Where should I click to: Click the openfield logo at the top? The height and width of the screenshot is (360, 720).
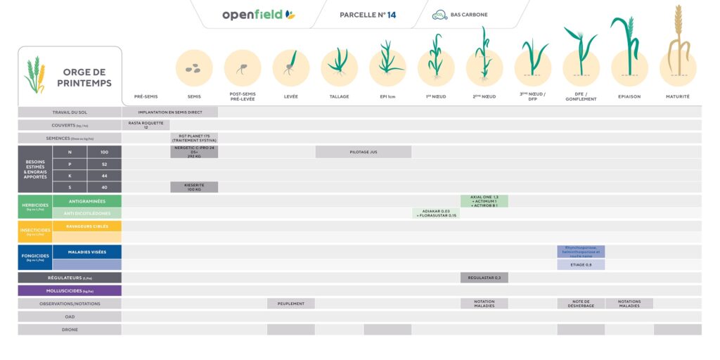coord(258,15)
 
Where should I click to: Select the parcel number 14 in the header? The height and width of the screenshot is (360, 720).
coord(367,15)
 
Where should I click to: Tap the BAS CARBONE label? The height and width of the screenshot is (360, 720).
coord(469,15)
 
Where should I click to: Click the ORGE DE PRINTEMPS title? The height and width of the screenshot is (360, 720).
coord(84,77)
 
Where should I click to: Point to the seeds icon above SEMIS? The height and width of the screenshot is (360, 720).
coord(193,68)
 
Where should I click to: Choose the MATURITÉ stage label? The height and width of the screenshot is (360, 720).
coord(677,96)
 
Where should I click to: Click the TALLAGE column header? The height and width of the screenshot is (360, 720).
coord(339,96)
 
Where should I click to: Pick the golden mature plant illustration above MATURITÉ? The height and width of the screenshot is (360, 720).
coord(678,42)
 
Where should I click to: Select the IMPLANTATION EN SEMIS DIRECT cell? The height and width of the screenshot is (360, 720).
coord(170,112)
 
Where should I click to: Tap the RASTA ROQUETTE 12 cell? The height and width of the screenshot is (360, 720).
coord(146,125)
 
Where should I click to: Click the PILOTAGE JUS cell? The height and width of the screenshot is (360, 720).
coord(364,152)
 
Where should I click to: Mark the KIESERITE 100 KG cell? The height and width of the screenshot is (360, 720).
coord(194,187)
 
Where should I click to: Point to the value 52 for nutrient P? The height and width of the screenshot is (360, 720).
coord(104,164)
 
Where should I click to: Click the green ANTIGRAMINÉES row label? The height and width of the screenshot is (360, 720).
coord(87,201)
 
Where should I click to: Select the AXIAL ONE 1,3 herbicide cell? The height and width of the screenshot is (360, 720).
coord(484,201)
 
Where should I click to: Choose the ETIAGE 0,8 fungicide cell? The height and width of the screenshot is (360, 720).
coord(580,264)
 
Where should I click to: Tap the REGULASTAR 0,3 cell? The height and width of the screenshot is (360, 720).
coord(484,278)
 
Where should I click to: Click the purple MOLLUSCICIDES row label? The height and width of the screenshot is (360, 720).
coord(70,290)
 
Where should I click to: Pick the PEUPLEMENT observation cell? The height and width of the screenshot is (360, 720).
coord(290,304)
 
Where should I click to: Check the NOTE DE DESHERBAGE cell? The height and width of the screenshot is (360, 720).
coord(580,304)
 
